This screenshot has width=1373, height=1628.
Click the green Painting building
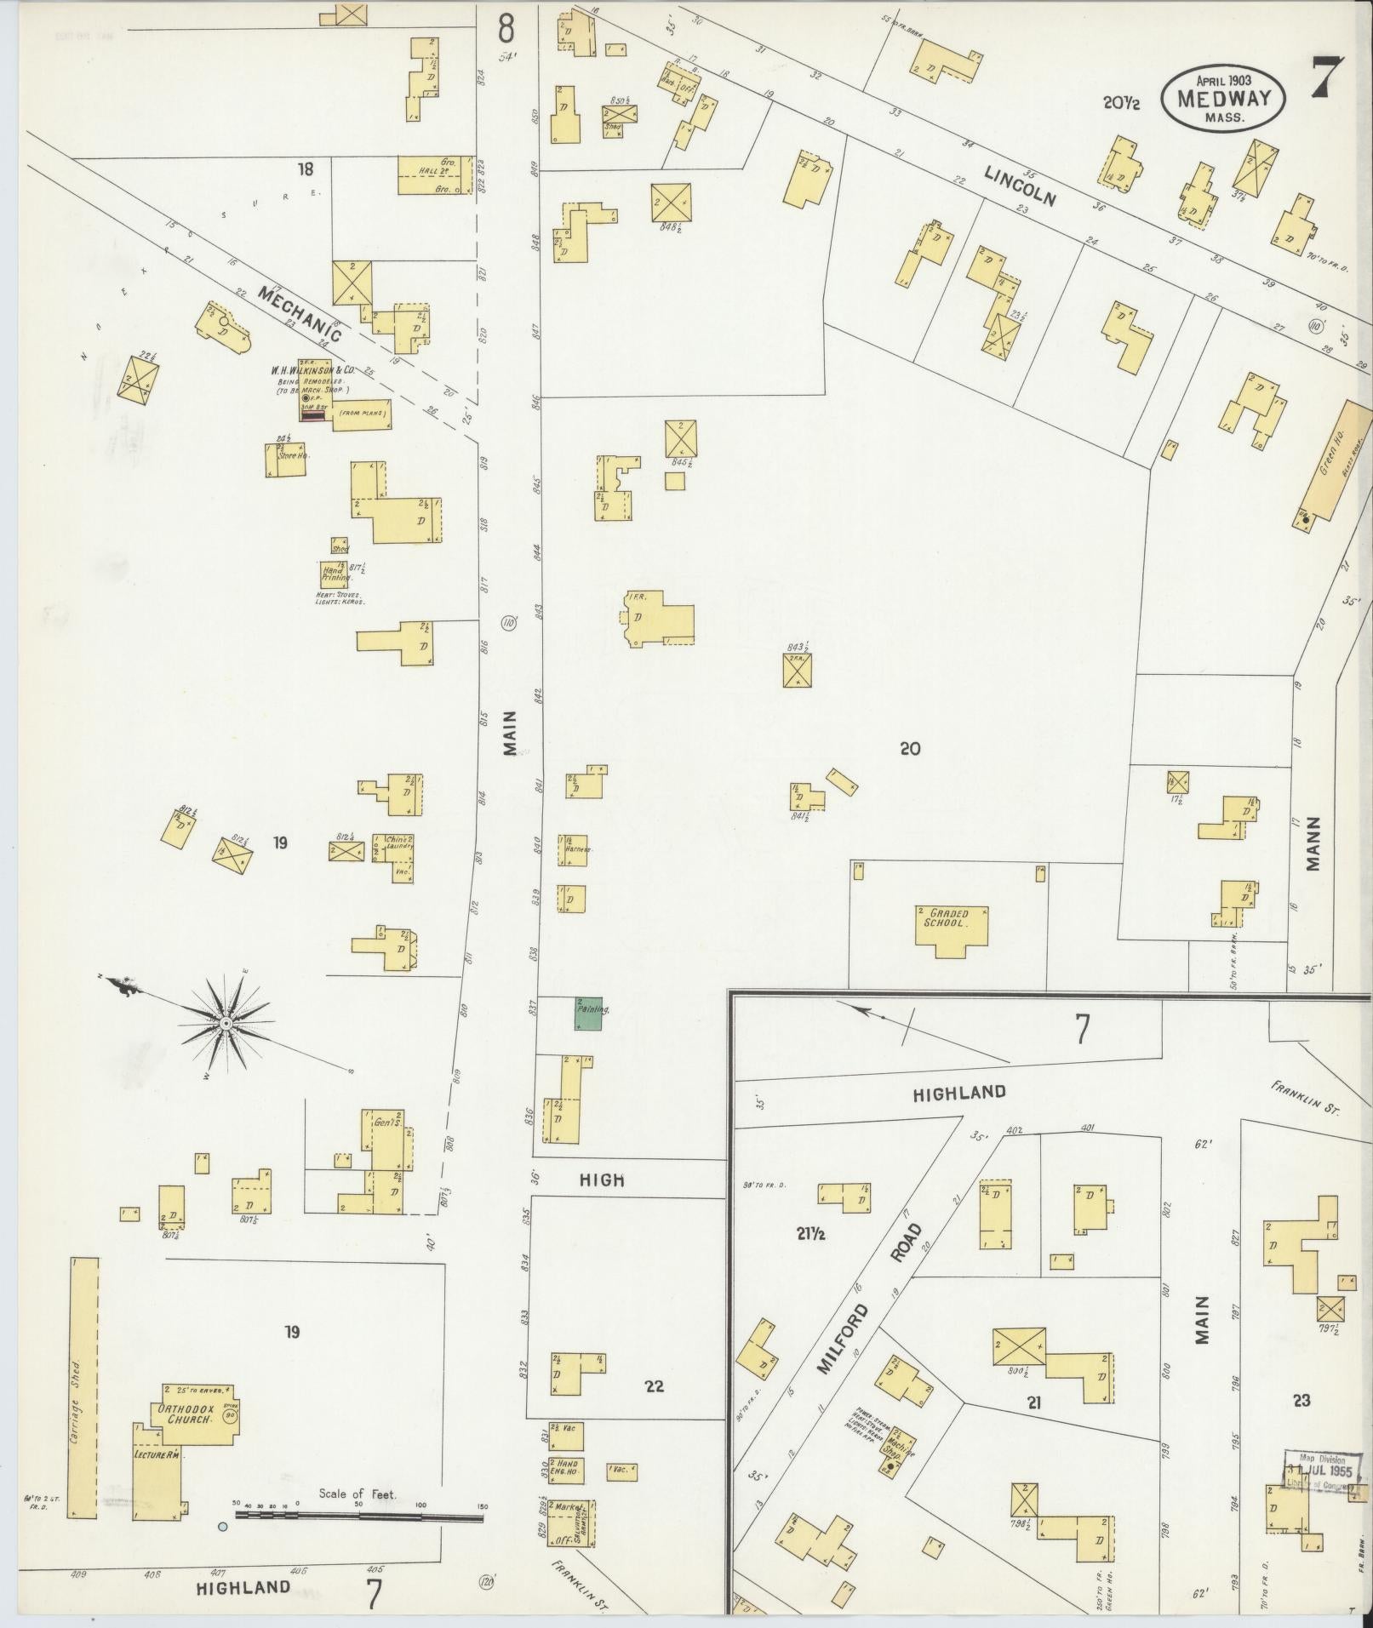[588, 1014]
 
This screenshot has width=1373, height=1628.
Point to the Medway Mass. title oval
[1223, 98]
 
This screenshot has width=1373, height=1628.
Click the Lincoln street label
[1020, 186]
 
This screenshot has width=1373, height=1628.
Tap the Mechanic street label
[300, 313]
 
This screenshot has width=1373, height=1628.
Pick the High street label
[602, 1180]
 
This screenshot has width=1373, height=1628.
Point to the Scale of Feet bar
[358, 1518]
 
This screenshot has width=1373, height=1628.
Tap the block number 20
[910, 749]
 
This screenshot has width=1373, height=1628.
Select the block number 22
[654, 1386]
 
